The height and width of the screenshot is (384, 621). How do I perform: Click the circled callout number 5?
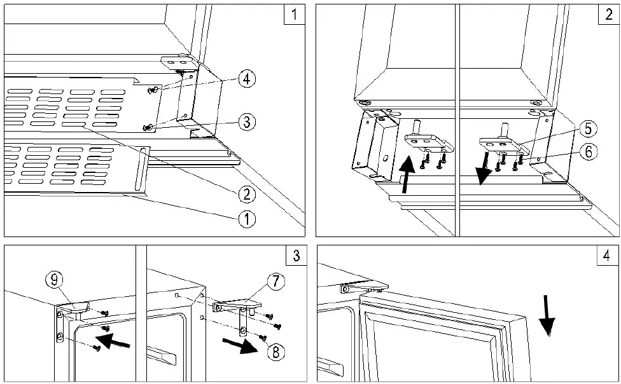click(x=587, y=129)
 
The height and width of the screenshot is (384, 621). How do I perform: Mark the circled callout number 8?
click(x=276, y=350)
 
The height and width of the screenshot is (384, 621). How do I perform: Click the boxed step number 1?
click(x=293, y=15)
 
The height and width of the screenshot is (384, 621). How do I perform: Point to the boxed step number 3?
click(x=293, y=256)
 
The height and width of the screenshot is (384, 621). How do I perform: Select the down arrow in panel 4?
click(x=545, y=315)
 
